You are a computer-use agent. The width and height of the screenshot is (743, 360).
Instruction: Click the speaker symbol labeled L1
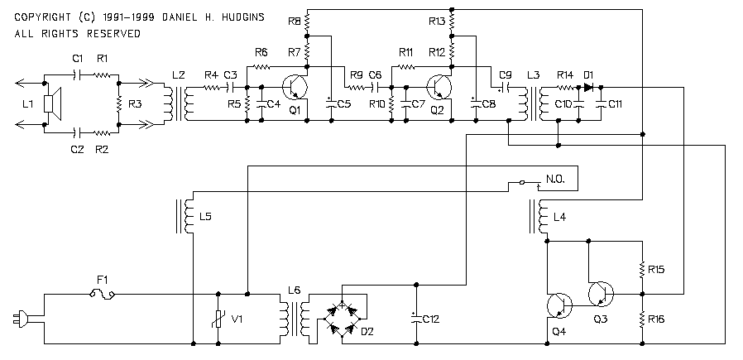coord(53,103)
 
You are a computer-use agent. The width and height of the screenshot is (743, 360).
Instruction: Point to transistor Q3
coord(601,294)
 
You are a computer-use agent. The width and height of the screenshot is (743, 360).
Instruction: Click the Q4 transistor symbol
coord(559,305)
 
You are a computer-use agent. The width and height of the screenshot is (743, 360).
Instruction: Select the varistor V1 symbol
coord(218,319)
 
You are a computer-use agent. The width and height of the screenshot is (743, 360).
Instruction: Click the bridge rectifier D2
coord(342,313)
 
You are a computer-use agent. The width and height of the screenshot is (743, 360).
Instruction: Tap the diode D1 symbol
coord(589,87)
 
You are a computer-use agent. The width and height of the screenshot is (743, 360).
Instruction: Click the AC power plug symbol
coord(21,319)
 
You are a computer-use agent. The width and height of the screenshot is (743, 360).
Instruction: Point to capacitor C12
coord(416,319)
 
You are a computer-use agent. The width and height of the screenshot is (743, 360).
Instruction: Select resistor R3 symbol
coord(119,103)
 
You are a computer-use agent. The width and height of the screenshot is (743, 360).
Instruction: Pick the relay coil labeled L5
coord(185,217)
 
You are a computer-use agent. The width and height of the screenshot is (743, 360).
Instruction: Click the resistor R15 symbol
coord(643,269)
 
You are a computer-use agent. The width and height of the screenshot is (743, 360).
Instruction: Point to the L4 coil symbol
coord(539,217)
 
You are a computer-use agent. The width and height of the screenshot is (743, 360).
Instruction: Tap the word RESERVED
coord(113,34)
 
